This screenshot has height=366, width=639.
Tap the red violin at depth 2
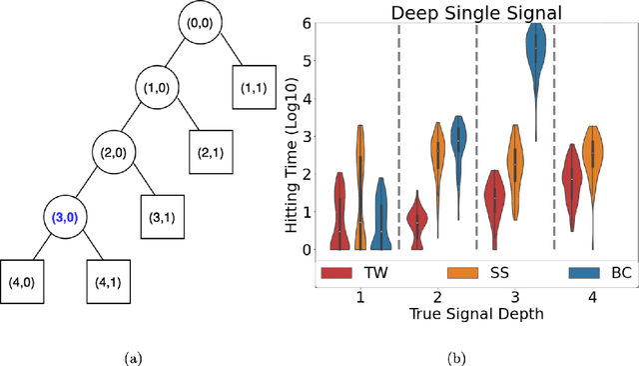tap(417, 218)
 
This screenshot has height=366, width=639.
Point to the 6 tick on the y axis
tap(309, 23)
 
